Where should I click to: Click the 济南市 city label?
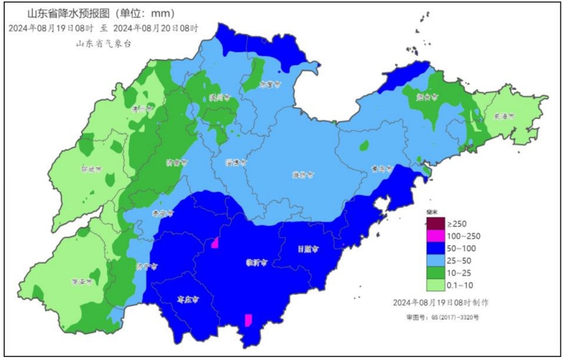click(178, 163)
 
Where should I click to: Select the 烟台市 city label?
click(427, 97)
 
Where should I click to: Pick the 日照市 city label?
click(308, 250)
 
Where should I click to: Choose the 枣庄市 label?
click(187, 300)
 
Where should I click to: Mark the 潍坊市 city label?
click(303, 175)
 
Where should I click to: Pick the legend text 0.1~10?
click(461, 284)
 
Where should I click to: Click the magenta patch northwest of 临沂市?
click(214, 243)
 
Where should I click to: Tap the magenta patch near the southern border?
click(249, 320)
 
